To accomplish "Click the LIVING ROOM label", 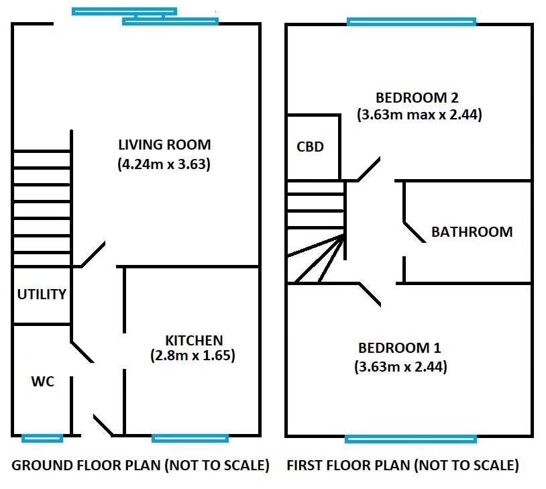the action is pyautogui.click(x=164, y=145).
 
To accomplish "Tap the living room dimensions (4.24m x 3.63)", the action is pyautogui.click(x=164, y=164).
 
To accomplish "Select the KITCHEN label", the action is pyautogui.click(x=194, y=340).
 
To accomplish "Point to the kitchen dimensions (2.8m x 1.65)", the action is pyautogui.click(x=193, y=356).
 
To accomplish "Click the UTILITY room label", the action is pyautogui.click(x=42, y=294).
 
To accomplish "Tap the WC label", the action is pyautogui.click(x=42, y=382).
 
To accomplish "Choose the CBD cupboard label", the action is pyautogui.click(x=310, y=147).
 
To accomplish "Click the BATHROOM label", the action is pyautogui.click(x=472, y=232).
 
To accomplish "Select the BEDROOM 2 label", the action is pyautogui.click(x=417, y=98).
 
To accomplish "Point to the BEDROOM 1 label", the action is pyautogui.click(x=399, y=348).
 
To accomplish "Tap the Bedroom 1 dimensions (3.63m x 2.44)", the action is pyautogui.click(x=400, y=367).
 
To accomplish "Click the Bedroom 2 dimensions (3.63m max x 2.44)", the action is pyautogui.click(x=419, y=115).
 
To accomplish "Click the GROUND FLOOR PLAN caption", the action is pyautogui.click(x=140, y=466).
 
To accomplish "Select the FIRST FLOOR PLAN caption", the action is pyautogui.click(x=402, y=466).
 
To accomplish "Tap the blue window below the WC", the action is pyautogui.click(x=42, y=438).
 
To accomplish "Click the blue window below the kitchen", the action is pyautogui.click(x=190, y=438).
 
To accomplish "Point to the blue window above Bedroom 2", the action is pyautogui.click(x=411, y=22).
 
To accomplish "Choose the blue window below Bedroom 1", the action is pyautogui.click(x=411, y=439).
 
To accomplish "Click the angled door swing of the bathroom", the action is pyautogui.click(x=415, y=232).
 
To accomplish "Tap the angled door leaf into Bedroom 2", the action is pyautogui.click(x=369, y=169).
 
